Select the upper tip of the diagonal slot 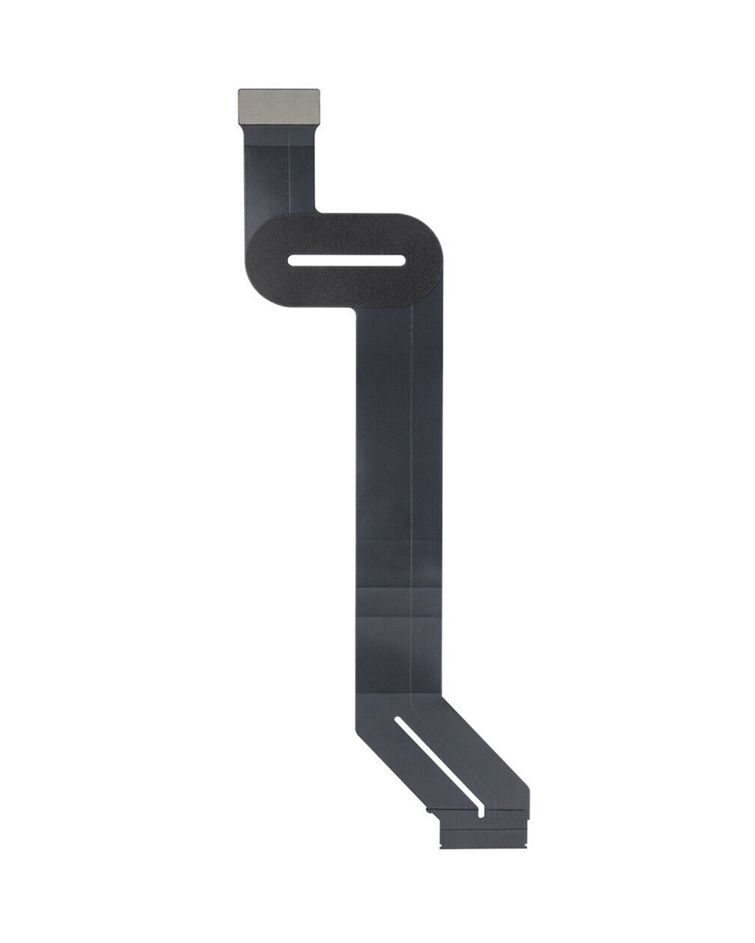tap(400, 720)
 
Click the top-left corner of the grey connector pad tap(240, 90)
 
